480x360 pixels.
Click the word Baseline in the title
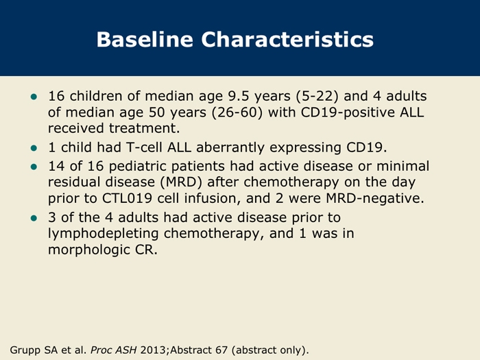coord(145,40)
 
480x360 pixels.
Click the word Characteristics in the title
coord(287,40)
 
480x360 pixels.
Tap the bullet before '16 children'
coord(34,97)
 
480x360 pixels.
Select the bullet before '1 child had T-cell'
coord(34,148)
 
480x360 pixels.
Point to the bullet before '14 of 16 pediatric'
coord(34,167)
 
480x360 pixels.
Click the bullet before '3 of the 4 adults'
coord(34,218)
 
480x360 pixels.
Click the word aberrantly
coord(230,147)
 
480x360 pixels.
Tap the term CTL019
coord(127,198)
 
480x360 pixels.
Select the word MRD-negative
coord(375,198)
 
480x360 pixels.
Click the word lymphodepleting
coord(103,234)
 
